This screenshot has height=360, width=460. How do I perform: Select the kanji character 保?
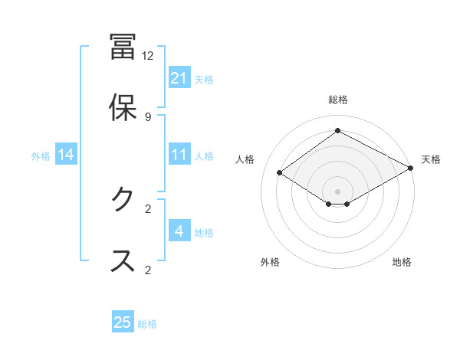coord(123,108)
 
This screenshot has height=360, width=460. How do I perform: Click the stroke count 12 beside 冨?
coord(148,56)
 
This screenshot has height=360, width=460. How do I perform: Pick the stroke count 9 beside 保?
coord(148,116)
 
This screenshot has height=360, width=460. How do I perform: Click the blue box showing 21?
coord(179,78)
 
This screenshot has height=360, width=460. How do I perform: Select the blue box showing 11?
coord(179,155)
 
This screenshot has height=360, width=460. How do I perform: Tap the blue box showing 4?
coord(179,231)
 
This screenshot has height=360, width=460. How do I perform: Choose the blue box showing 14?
coord(66,155)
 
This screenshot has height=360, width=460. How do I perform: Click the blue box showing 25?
coord(123,322)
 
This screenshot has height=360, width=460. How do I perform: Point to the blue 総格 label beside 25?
coord(147,324)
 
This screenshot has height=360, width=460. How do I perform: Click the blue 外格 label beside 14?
coord(41,155)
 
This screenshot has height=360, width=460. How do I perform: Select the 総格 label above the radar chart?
coord(337,100)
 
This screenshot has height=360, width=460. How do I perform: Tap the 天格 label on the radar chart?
coord(431,159)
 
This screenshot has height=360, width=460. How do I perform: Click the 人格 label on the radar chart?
coord(245,159)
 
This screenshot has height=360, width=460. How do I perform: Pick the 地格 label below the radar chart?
coord(402,262)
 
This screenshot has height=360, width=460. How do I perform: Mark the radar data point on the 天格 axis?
coord(412,169)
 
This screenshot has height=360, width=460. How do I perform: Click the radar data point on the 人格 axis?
coord(280,173)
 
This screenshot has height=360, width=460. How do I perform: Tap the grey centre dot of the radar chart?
coord(337,191)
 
